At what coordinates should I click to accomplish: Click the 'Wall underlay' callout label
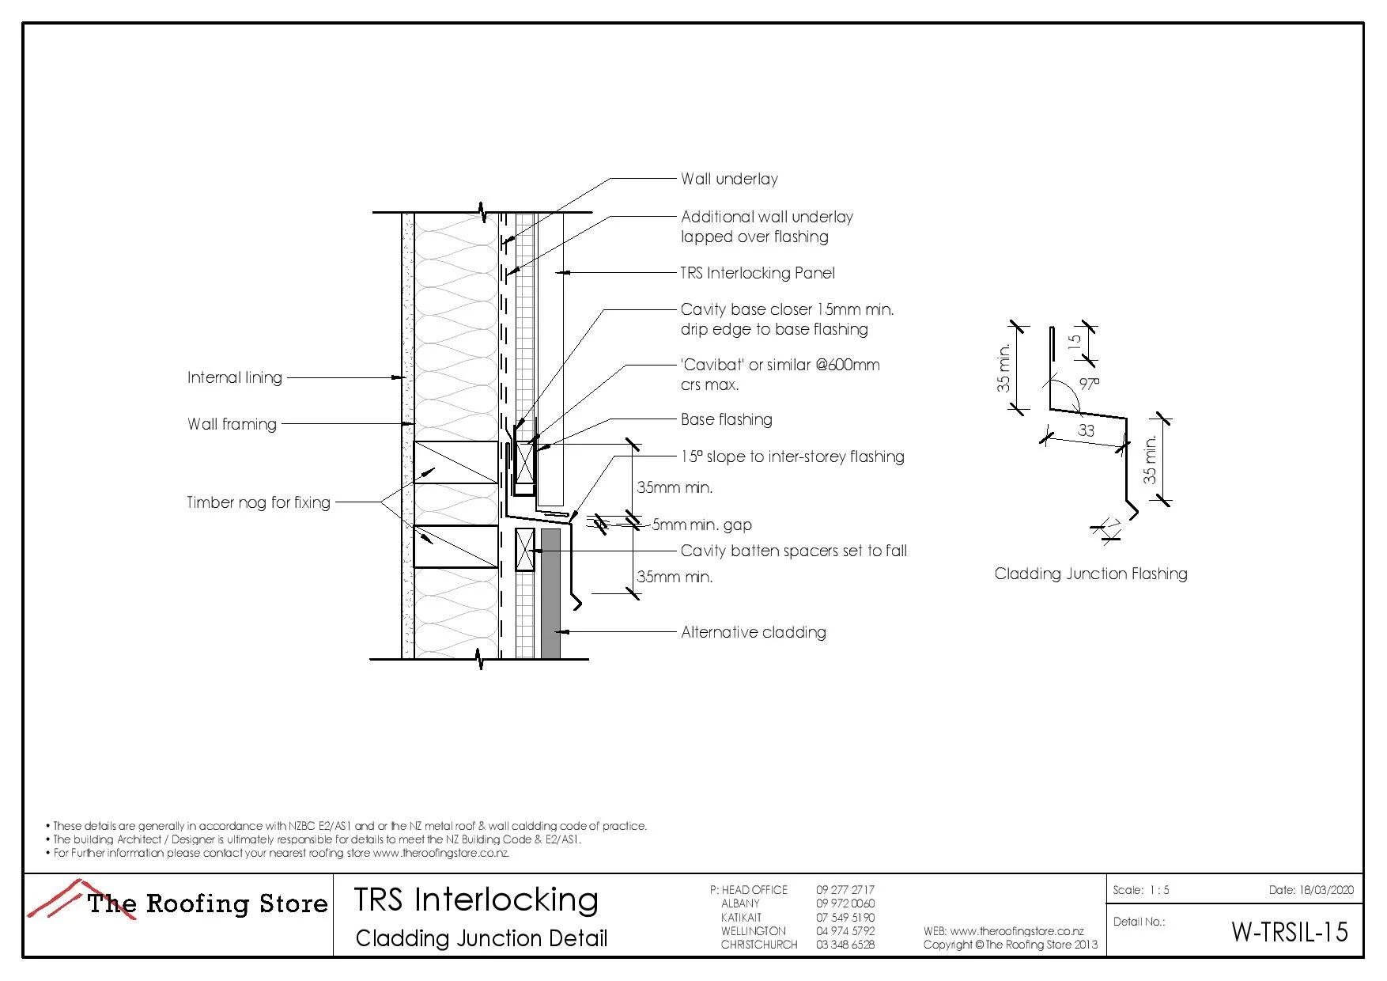(729, 179)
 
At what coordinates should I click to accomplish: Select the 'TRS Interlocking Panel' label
(758, 273)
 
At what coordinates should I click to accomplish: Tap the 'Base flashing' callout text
(726, 419)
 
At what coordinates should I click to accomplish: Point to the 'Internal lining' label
(234, 377)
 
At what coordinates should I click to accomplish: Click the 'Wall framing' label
(232, 424)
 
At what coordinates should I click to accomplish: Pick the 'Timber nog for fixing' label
(258, 502)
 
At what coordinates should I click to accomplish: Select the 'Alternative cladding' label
(753, 632)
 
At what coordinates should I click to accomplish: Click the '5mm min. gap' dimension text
(701, 525)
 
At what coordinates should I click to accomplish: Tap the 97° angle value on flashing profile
(1089, 384)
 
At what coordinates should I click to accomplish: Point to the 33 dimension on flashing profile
(1087, 430)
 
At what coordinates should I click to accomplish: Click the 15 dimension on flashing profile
(1074, 342)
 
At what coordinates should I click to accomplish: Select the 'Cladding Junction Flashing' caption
(1090, 574)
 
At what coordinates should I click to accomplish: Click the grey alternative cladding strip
(550, 593)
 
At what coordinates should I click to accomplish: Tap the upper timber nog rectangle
(456, 462)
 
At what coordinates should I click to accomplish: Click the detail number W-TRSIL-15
(1289, 932)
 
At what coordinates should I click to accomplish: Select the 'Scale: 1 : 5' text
(1140, 890)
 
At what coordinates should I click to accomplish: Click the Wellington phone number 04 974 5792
(845, 931)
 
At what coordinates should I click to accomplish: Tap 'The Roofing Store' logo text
(207, 903)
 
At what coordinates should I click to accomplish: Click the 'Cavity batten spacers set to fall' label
(793, 551)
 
